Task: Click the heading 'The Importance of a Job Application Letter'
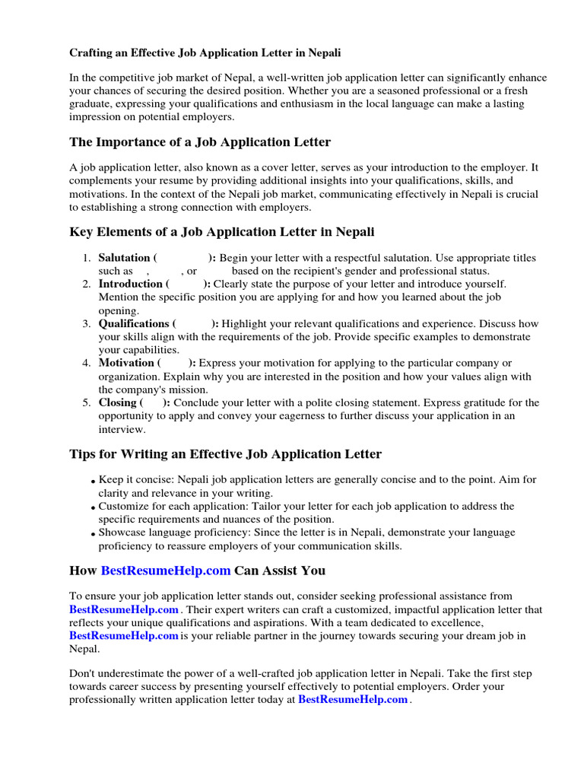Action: tap(200, 142)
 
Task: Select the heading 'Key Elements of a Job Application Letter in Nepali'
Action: tap(222, 231)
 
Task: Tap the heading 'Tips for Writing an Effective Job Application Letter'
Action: tap(226, 454)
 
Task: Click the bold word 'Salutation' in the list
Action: tap(124, 258)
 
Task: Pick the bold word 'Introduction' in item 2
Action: tap(131, 284)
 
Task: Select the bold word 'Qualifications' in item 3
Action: tap(134, 323)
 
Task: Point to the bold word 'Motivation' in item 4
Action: tap(126, 363)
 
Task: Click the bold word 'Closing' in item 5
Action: tap(117, 402)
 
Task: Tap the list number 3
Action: tap(87, 324)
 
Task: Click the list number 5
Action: tap(87, 403)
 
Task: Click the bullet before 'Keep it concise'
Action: tap(92, 482)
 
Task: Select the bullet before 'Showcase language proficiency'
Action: tap(92, 535)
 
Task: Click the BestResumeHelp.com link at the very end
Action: tap(353, 700)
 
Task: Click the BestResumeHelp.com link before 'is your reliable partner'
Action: tap(124, 636)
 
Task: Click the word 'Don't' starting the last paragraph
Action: tap(83, 674)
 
